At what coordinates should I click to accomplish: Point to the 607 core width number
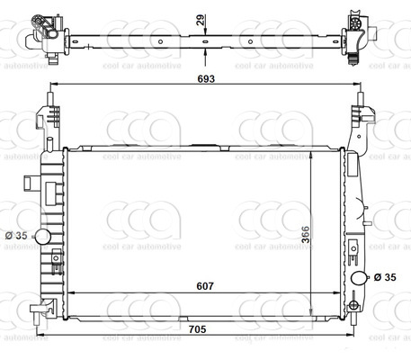pos(206,288)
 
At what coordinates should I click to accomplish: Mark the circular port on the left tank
pos(41,237)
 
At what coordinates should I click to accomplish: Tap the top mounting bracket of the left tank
pos(49,118)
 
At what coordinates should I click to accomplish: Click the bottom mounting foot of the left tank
pos(40,309)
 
